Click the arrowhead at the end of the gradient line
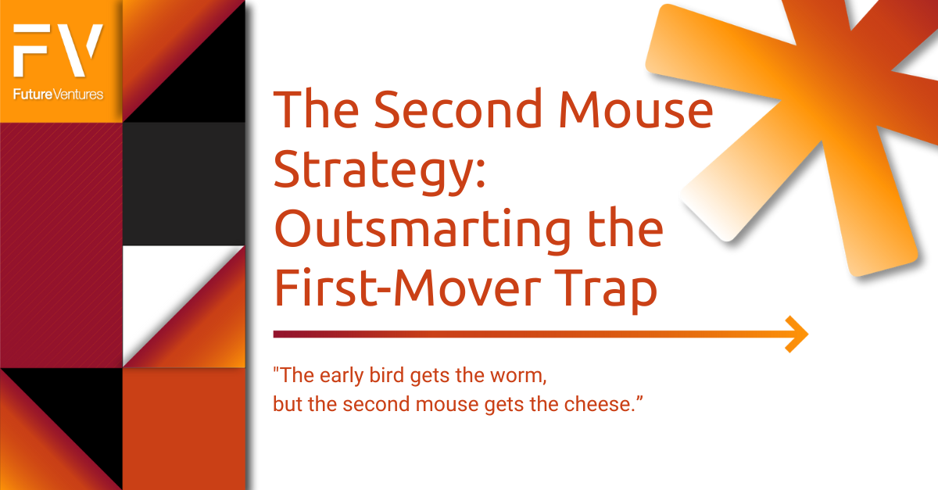[x=797, y=334]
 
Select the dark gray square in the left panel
[x=184, y=184]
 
